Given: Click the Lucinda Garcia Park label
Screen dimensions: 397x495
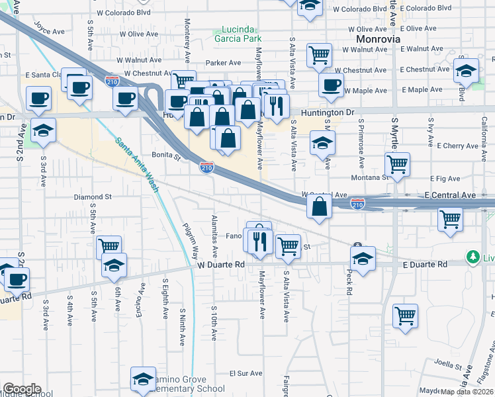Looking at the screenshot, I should (x=238, y=34).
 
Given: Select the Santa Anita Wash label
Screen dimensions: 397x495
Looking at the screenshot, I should (x=138, y=165).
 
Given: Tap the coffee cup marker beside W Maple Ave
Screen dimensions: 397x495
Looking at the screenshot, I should (x=331, y=85).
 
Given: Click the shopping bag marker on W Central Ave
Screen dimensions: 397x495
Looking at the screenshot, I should (x=319, y=206).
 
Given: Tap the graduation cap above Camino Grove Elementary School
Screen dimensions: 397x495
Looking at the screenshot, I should (x=143, y=378).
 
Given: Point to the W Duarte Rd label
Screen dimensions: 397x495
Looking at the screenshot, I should (x=221, y=264).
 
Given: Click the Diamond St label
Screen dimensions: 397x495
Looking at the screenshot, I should (x=93, y=197).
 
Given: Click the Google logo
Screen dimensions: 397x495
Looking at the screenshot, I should (x=22, y=389).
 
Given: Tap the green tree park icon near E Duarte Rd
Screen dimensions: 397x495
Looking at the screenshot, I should (x=472, y=256).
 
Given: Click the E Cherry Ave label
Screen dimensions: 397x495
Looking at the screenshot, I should (x=447, y=146).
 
